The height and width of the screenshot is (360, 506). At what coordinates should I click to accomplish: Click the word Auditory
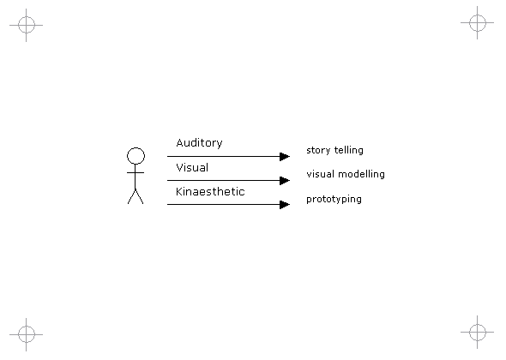tap(199, 143)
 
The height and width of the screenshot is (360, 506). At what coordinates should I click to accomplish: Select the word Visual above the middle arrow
tap(192, 167)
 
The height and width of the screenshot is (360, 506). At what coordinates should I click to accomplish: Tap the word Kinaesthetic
tap(210, 192)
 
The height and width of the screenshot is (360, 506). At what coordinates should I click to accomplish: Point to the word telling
tap(349, 151)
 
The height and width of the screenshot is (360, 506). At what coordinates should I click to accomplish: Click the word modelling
tap(361, 174)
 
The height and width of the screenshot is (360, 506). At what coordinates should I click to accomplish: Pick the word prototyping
tap(334, 200)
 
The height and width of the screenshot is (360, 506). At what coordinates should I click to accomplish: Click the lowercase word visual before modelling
tap(320, 174)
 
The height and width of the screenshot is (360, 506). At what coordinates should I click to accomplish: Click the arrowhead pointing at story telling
tap(285, 157)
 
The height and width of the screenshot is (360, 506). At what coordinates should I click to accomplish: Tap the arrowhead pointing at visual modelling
tap(285, 181)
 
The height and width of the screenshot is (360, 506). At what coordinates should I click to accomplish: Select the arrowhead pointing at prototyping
tap(285, 205)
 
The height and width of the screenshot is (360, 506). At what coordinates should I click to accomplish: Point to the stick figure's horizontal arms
tap(136, 173)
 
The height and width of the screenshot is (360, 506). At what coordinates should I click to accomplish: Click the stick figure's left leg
tap(132, 196)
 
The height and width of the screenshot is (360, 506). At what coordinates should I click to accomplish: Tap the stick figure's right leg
tap(140, 196)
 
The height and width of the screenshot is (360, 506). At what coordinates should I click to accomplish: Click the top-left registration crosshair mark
tap(26, 25)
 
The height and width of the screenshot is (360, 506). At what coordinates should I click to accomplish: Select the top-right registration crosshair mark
tap(478, 22)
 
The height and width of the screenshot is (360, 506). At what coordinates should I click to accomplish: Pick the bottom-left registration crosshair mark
tap(26, 334)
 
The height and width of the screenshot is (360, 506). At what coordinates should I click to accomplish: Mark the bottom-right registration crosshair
tap(478, 332)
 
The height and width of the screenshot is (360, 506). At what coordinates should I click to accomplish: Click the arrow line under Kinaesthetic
tap(228, 205)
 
